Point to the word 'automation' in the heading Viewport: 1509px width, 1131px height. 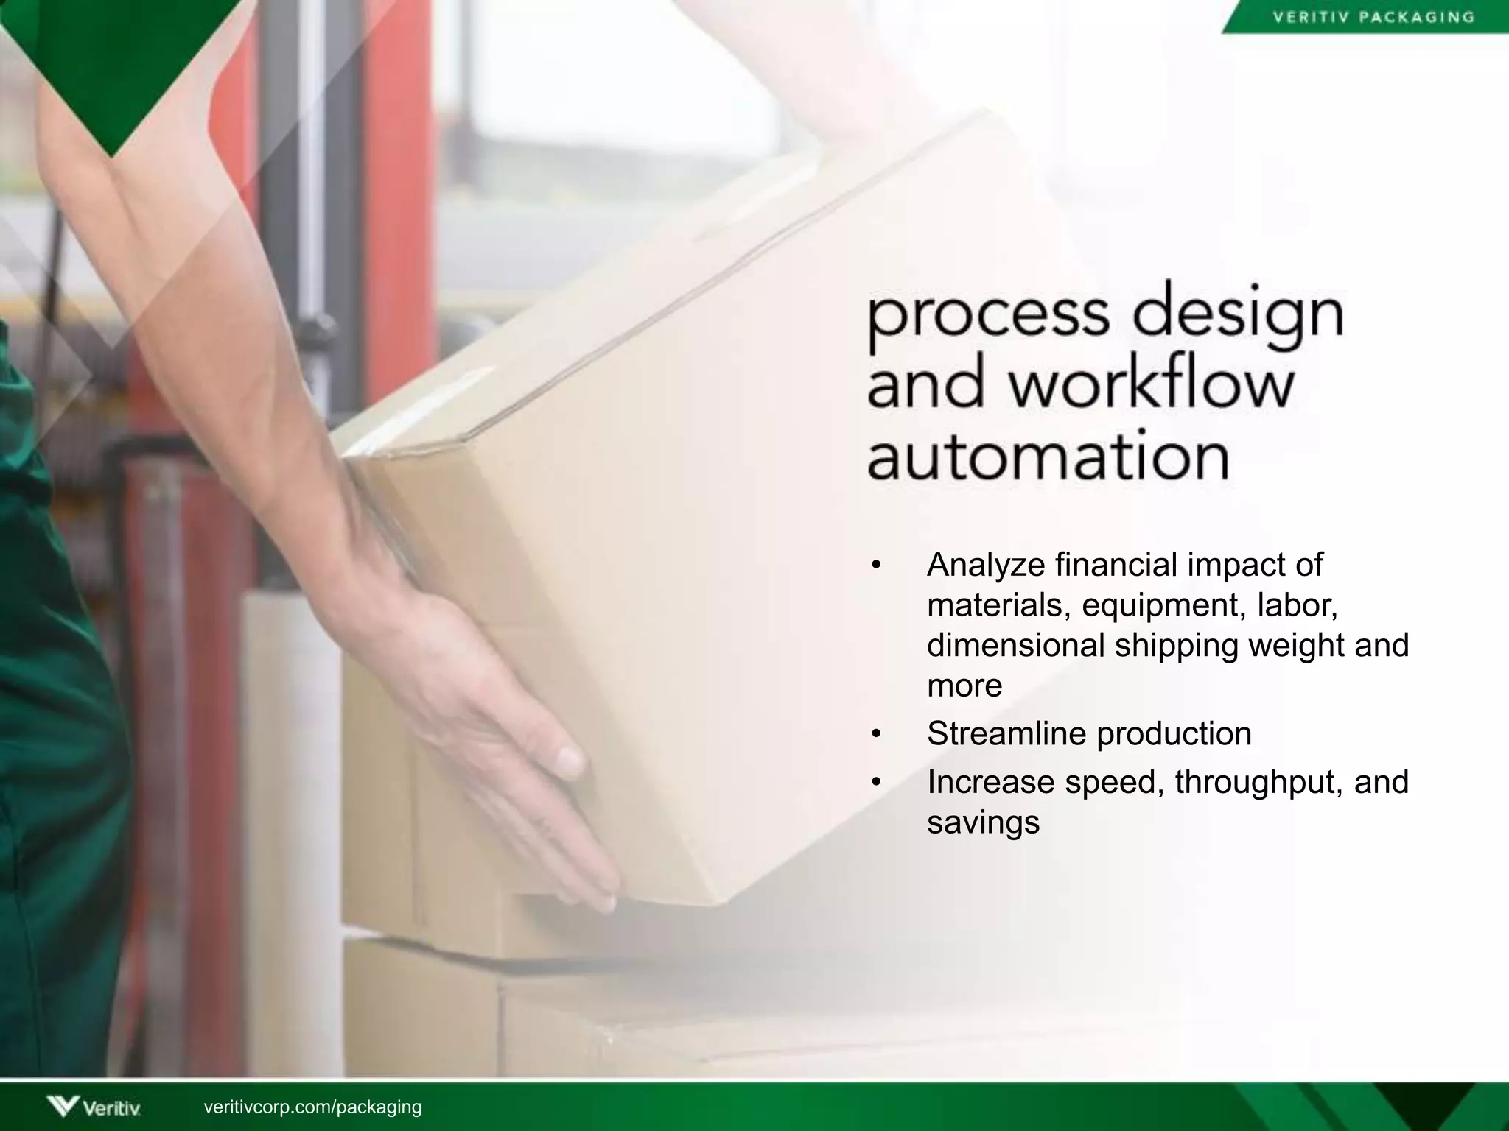[1048, 456]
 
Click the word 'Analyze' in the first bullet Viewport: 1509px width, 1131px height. [986, 565]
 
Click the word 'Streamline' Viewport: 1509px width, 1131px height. [1005, 733]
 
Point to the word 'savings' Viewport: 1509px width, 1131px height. [983, 822]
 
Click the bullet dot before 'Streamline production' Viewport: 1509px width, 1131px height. [875, 735]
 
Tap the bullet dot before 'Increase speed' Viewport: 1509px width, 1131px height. [875, 783]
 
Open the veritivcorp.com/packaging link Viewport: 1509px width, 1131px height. [312, 1107]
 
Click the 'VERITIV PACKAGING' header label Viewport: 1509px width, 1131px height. [1374, 17]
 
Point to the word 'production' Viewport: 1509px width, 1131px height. [1174, 733]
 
